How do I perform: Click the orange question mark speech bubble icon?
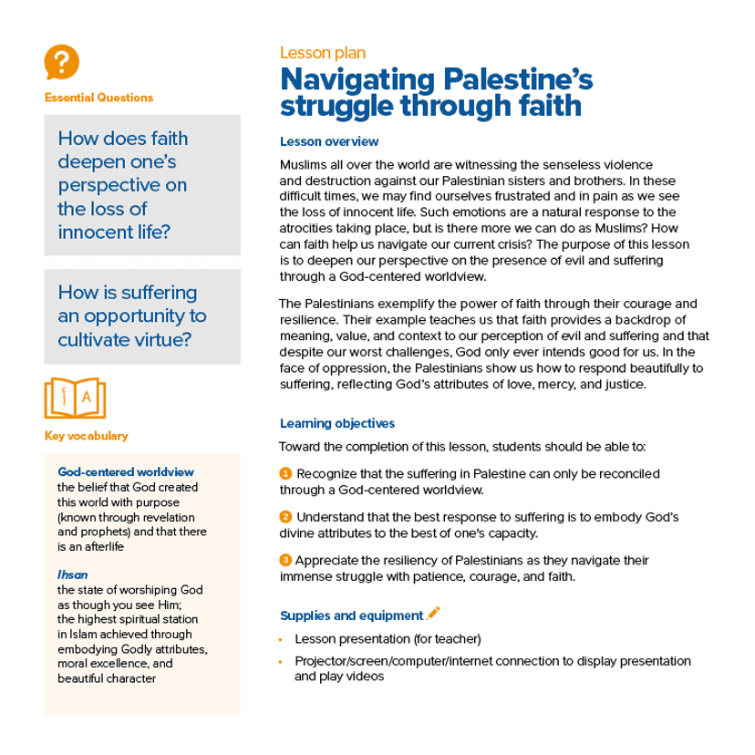[61, 62]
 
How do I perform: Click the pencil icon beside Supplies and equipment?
[434, 613]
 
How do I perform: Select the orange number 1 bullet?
[285, 473]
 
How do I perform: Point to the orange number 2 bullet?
[285, 517]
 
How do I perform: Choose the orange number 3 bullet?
[285, 560]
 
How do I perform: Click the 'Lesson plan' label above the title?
[323, 54]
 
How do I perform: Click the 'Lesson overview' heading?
[329, 142]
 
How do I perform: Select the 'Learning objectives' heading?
[336, 424]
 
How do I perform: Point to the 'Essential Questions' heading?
[98, 98]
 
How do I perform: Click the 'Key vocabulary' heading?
[86, 435]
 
